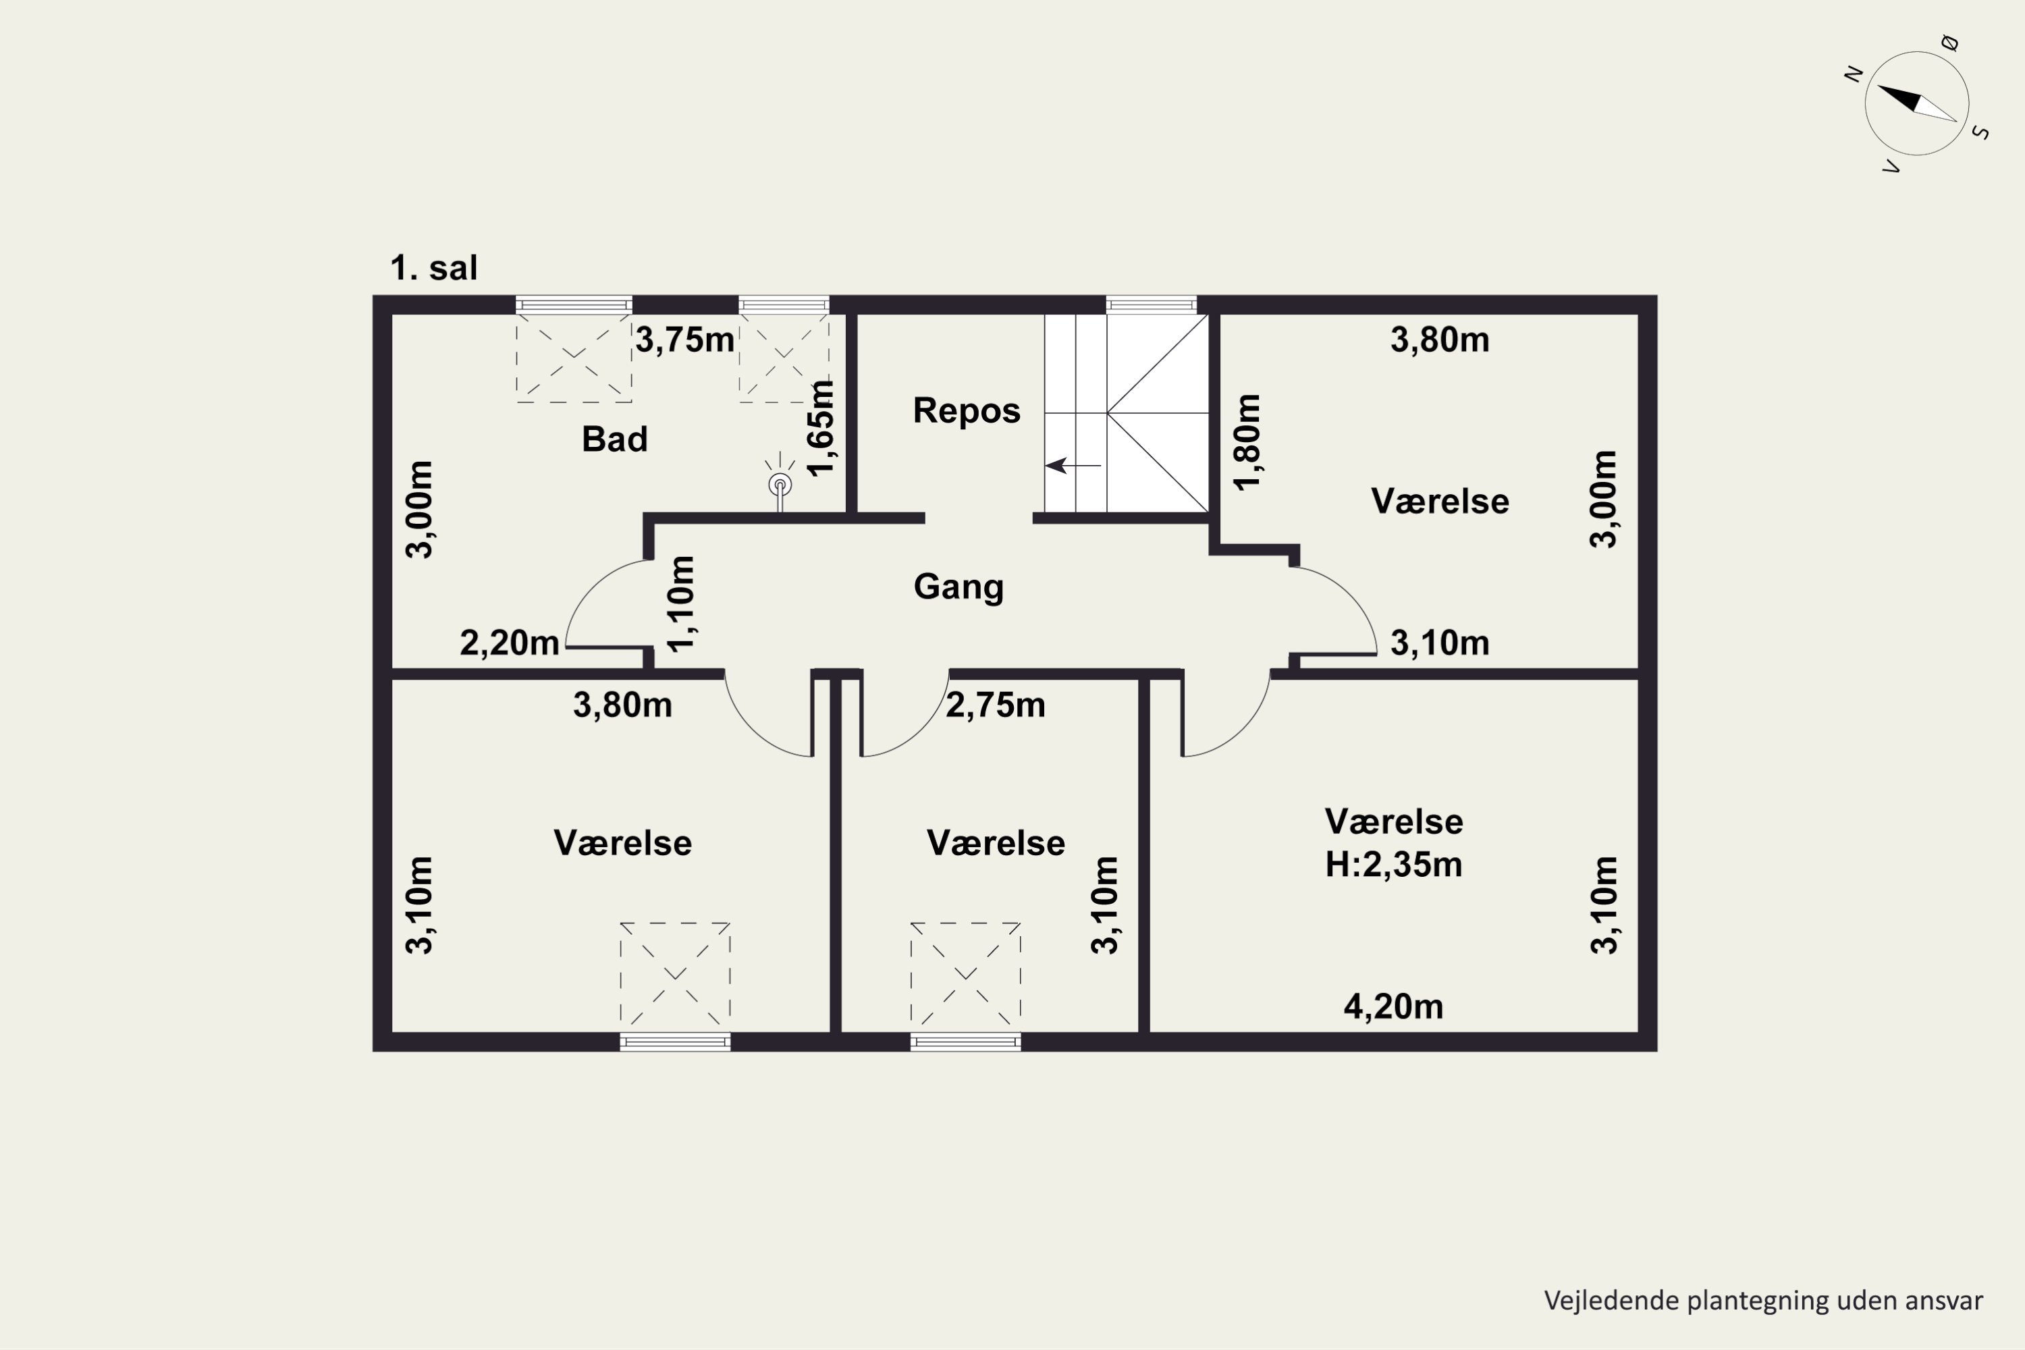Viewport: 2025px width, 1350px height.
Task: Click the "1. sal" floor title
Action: (433, 268)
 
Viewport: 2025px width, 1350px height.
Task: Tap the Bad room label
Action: (615, 439)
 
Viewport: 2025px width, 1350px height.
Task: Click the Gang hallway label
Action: (959, 587)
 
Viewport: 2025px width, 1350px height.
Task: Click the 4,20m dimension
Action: (1393, 1006)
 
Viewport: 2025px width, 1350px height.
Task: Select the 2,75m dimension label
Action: (995, 705)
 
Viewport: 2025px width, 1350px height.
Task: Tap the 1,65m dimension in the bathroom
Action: (821, 428)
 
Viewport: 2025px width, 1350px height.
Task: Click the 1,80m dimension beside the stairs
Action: (1247, 443)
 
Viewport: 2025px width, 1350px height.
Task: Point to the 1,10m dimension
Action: (680, 604)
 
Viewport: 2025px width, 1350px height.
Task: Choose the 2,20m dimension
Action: (509, 643)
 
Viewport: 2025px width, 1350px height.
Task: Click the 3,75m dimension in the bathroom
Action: (684, 340)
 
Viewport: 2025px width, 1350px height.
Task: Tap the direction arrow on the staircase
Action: (1073, 466)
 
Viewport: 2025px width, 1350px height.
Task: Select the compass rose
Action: (1916, 103)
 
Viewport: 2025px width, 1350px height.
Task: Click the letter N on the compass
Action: (1854, 74)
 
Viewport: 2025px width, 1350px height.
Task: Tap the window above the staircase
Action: (1151, 305)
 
